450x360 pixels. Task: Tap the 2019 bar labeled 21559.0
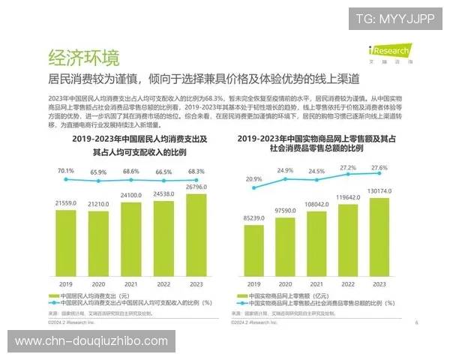coord(66,244)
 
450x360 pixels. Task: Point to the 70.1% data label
coord(66,170)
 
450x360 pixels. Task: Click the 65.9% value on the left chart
coord(98,172)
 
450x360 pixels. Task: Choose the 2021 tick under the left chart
coord(130,284)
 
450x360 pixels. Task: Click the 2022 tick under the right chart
coord(348,284)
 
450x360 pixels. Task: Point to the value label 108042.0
coord(316,204)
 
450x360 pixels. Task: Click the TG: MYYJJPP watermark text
coord(394,19)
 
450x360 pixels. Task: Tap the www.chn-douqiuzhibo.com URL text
coord(91,341)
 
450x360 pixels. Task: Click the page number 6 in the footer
coord(416,322)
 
